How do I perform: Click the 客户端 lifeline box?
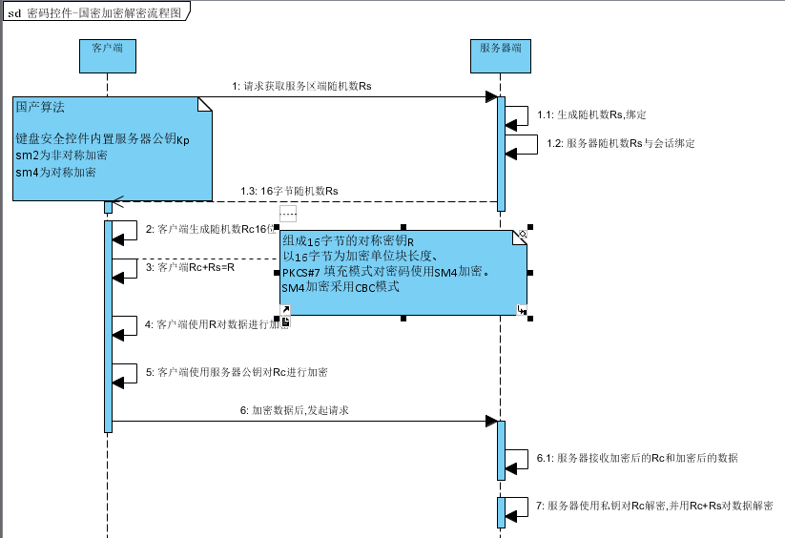pyautogui.click(x=107, y=55)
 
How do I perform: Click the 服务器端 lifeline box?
pyautogui.click(x=500, y=55)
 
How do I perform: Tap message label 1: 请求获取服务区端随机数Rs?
pyautogui.click(x=300, y=86)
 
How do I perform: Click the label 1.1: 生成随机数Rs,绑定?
pyautogui.click(x=591, y=114)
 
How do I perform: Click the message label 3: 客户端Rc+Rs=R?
pyautogui.click(x=190, y=268)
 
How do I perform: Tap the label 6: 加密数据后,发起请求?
pyautogui.click(x=294, y=410)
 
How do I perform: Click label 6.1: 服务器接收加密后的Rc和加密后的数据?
pyautogui.click(x=636, y=458)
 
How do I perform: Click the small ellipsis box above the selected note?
pyautogui.click(x=288, y=214)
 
